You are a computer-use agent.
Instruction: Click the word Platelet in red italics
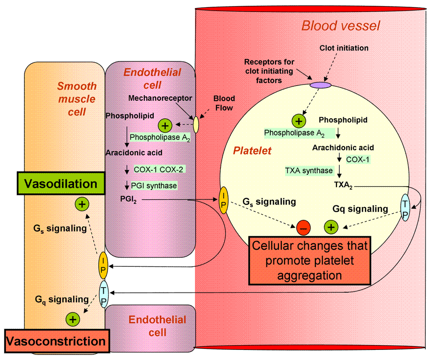coord(252,151)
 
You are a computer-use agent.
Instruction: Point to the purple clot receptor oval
coord(320,85)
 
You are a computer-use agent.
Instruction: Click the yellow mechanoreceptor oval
coord(195,124)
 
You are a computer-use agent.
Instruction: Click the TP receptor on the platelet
coord(406,207)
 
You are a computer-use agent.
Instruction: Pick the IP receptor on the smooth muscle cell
coord(103,265)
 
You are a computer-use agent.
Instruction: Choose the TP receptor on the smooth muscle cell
coord(104,294)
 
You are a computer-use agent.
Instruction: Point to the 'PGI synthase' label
coord(154,185)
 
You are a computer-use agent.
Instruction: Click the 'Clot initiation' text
coord(344,48)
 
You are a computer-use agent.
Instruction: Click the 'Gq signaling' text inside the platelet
coord(360,209)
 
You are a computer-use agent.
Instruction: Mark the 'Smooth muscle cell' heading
coord(77,99)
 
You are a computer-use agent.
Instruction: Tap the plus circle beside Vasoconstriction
coord(73,319)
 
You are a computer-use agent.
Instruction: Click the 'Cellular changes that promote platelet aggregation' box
coord(310,261)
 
